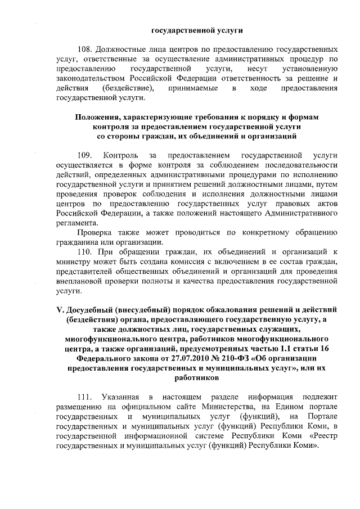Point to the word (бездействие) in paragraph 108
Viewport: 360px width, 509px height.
128,89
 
